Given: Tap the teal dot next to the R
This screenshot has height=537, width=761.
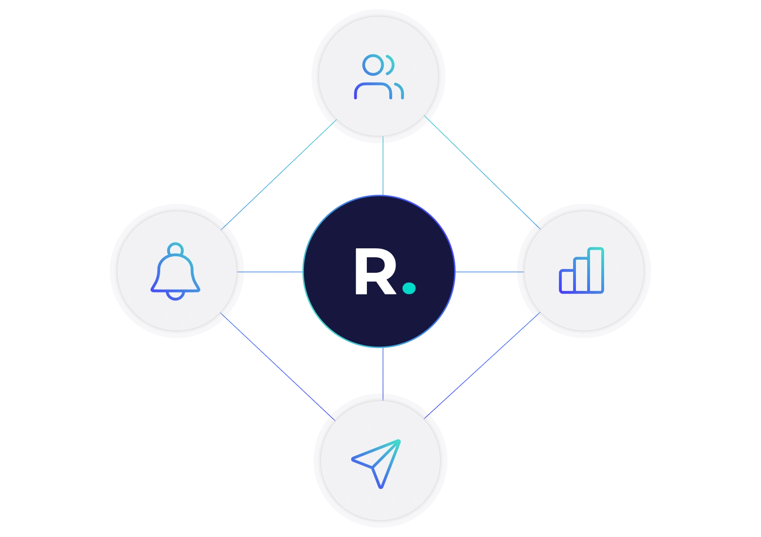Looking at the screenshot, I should coord(409,288).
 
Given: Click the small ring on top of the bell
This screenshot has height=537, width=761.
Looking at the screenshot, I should coord(175,249).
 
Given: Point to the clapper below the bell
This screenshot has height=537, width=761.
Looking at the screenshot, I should coord(175,296).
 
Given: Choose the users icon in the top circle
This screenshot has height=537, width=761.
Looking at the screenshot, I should coord(379,77).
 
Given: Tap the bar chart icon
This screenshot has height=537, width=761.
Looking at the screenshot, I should coord(582,271).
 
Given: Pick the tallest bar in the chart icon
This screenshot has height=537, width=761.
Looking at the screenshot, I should coord(596,270).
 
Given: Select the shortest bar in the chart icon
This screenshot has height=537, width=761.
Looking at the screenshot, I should coord(567,281).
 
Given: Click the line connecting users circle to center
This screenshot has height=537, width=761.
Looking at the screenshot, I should coord(384,167).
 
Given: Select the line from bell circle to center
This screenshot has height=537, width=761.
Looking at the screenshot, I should coord(270,272).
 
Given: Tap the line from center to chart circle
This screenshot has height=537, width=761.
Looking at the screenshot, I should coord(486,272).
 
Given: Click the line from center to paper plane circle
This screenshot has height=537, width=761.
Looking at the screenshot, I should coord(384,371).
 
